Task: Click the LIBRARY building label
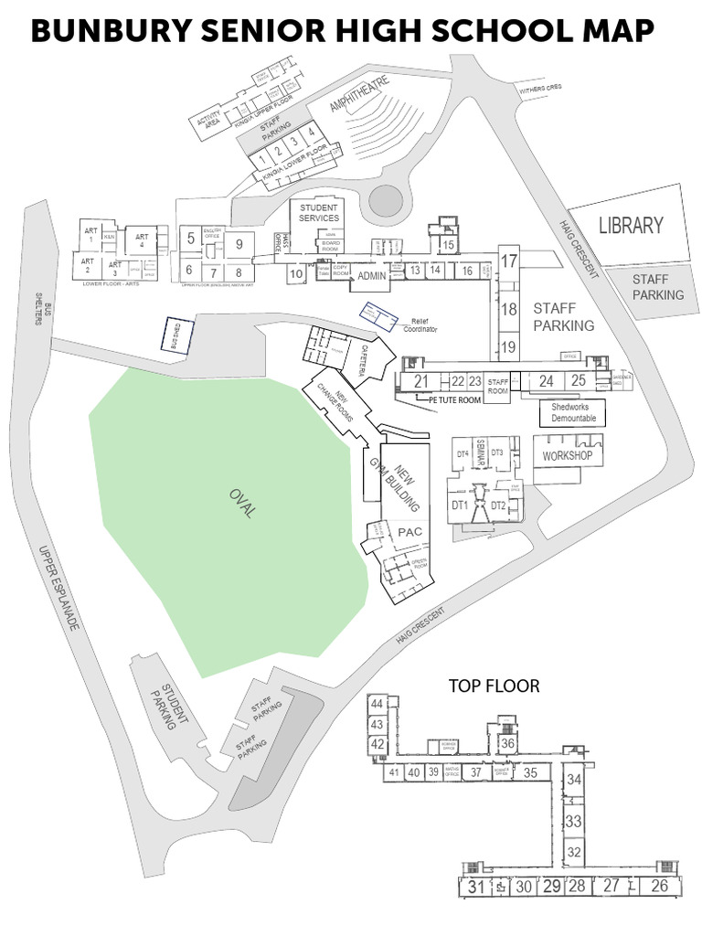click(x=630, y=225)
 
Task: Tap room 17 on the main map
click(x=509, y=261)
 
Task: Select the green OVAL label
click(x=240, y=503)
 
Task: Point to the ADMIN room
click(x=371, y=276)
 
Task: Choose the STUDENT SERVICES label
click(x=318, y=213)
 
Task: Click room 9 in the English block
click(x=239, y=243)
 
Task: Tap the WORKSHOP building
click(x=568, y=455)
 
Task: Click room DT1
click(x=459, y=505)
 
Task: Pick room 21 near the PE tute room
click(x=420, y=381)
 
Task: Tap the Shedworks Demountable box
click(x=573, y=412)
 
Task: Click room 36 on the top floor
click(x=508, y=744)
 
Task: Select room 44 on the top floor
click(x=377, y=704)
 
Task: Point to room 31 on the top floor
click(x=475, y=886)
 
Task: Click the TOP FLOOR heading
click(x=494, y=685)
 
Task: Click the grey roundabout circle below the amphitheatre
click(x=385, y=200)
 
